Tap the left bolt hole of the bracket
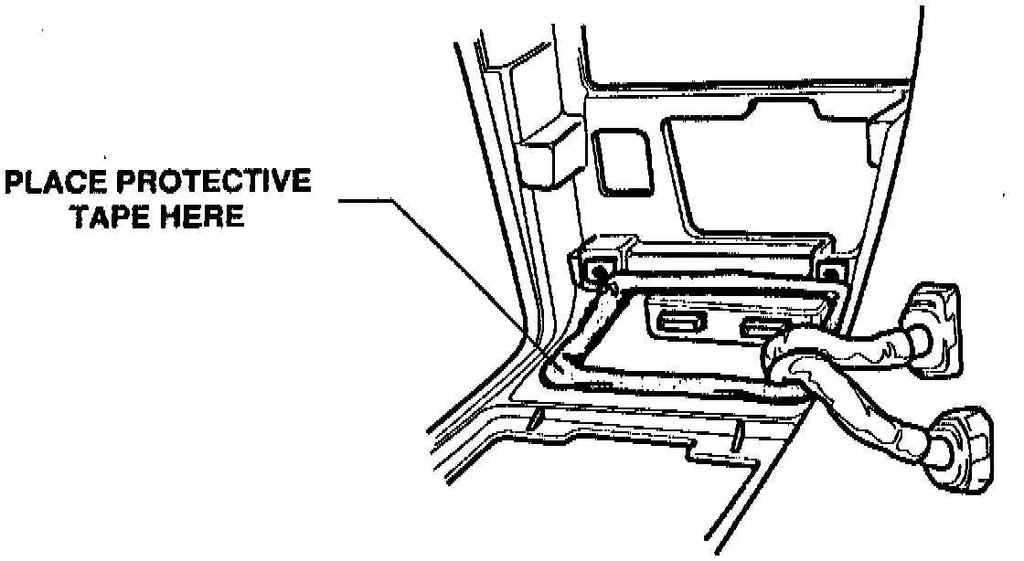tap(600, 271)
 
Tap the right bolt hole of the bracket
tap(830, 271)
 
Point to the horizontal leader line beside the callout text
tap(366, 200)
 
